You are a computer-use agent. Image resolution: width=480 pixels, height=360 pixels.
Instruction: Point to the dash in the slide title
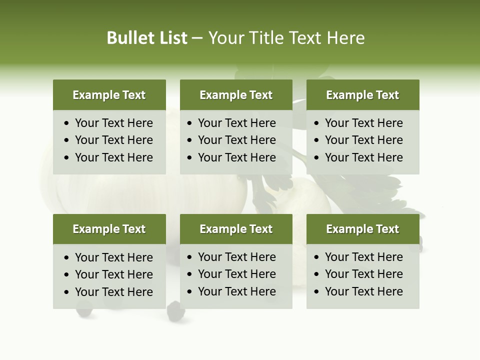(197, 38)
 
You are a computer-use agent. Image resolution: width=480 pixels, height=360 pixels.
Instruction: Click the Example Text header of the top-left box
(109, 95)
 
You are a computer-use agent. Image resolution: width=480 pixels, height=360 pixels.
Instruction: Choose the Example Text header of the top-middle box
(236, 95)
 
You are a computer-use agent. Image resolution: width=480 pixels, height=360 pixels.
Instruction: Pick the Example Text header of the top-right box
(362, 95)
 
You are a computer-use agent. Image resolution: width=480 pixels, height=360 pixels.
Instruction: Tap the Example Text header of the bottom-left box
(109, 229)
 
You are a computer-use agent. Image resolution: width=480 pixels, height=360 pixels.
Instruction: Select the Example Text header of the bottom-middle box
(236, 229)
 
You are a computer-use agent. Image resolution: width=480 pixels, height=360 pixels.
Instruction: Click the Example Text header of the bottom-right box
(362, 229)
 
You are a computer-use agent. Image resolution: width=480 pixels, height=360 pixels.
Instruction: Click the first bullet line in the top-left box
(113, 123)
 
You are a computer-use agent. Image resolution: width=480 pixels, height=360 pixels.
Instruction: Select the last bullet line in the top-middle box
(236, 157)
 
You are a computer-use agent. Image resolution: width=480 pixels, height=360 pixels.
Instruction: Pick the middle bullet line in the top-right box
(363, 140)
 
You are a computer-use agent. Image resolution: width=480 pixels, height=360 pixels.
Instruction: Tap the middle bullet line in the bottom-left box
(113, 274)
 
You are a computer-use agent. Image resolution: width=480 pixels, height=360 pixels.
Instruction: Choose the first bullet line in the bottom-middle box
(236, 257)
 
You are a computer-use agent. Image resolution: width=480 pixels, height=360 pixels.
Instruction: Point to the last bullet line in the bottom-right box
(363, 291)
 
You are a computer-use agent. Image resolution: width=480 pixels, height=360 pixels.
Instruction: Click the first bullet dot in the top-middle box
(189, 123)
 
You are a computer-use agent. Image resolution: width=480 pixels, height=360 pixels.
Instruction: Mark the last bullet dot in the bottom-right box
(316, 292)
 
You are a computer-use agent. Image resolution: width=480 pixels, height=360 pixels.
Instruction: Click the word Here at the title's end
(345, 38)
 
